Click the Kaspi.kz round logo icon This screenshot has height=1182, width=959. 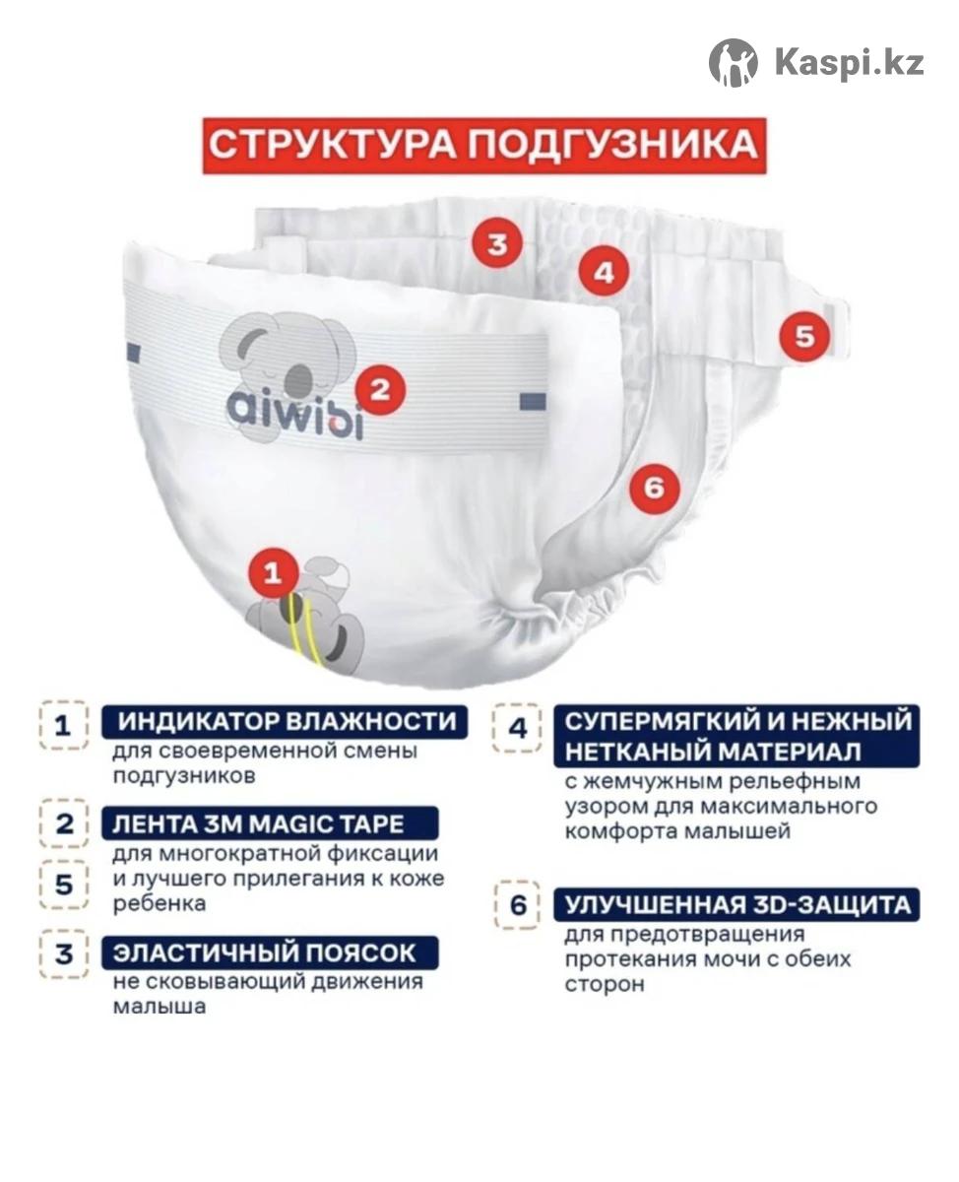[x=734, y=63]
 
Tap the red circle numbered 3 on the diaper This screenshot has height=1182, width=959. [x=497, y=243]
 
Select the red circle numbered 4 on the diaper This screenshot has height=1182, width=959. [x=604, y=272]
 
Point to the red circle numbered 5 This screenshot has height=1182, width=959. [x=804, y=336]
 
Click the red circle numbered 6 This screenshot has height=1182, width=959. [x=655, y=488]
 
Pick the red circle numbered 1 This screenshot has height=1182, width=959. [x=273, y=573]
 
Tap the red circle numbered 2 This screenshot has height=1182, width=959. [x=380, y=390]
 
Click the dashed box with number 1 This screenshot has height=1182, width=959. [x=64, y=725]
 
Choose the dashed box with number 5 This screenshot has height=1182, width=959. [x=64, y=885]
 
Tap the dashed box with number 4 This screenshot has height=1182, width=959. [x=518, y=728]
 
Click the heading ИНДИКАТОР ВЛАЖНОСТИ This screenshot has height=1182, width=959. [x=287, y=721]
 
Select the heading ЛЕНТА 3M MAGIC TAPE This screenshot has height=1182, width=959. [x=258, y=824]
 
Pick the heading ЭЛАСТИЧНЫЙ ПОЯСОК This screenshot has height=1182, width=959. [x=264, y=953]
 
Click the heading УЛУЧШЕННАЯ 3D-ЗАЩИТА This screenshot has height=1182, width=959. [x=737, y=905]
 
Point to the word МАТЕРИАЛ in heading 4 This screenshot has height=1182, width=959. [x=791, y=752]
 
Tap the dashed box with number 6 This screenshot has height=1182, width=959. [x=518, y=905]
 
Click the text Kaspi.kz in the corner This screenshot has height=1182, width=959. [x=849, y=63]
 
